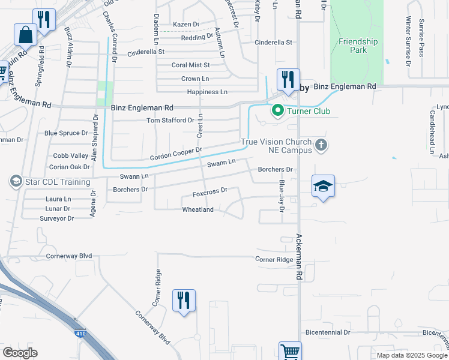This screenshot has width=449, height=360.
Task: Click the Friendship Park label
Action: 358,46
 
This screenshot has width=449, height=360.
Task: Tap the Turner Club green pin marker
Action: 278,110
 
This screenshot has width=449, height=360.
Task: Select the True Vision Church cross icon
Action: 322,145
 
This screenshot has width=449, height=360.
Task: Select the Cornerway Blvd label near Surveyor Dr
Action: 69,256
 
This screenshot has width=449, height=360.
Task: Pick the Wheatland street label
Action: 198,209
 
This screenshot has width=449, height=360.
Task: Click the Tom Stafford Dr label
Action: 171,121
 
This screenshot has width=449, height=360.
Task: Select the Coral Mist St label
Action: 190,65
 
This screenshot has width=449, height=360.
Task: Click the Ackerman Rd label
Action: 298,258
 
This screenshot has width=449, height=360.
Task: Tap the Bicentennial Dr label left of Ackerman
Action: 327,332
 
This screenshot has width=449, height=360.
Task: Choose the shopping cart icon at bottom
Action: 290,352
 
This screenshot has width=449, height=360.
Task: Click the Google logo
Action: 20,352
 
